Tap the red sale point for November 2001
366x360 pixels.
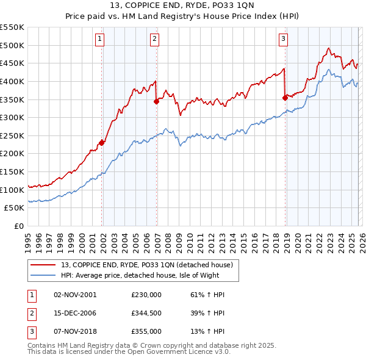pyautogui.click(x=102, y=143)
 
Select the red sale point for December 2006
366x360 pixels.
pyautogui.click(x=157, y=101)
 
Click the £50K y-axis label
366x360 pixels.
pyautogui.click(x=15, y=208)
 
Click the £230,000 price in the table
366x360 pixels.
pyautogui.click(x=146, y=294)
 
